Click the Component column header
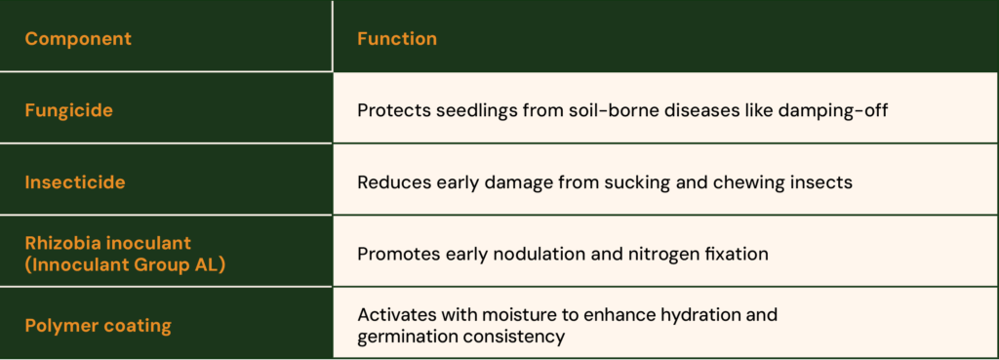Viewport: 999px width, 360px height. click(x=78, y=39)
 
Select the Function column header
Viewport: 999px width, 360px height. click(x=397, y=39)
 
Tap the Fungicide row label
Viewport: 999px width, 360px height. click(x=68, y=110)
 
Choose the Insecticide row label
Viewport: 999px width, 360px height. click(x=74, y=182)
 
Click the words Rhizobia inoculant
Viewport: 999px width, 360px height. click(x=107, y=244)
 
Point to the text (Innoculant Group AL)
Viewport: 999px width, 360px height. click(x=125, y=265)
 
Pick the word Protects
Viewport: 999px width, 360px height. click(x=392, y=110)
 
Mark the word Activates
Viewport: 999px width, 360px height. click(x=396, y=315)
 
